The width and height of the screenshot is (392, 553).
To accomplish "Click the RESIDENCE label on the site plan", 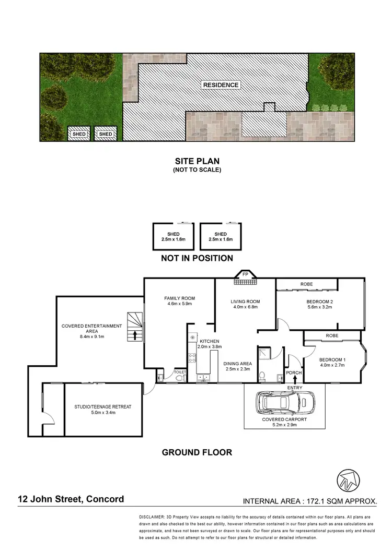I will click(221, 85).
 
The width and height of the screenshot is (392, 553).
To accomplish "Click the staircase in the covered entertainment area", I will click(135, 327).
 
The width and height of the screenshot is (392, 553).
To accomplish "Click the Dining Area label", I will click(238, 364).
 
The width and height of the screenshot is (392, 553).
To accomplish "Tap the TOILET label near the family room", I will click(180, 372).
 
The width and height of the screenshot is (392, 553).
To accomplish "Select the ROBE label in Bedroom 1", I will click(331, 336).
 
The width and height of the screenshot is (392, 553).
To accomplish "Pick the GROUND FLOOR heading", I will click(197, 452).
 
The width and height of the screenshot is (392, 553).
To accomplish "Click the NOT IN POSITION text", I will click(197, 258).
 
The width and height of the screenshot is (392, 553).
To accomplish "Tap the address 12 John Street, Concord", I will click(69, 499).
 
